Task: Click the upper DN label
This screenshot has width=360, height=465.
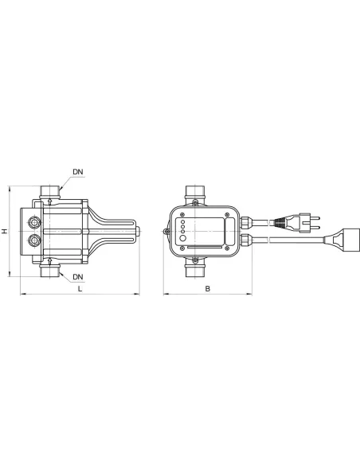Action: point(77,172)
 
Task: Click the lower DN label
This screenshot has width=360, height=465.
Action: point(77,277)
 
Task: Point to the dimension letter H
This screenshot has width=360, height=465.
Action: point(5,231)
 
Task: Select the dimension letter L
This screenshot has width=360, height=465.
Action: point(80,291)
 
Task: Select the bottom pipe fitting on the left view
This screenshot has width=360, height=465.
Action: point(49,272)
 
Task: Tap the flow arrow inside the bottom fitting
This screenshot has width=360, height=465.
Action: point(49,260)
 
